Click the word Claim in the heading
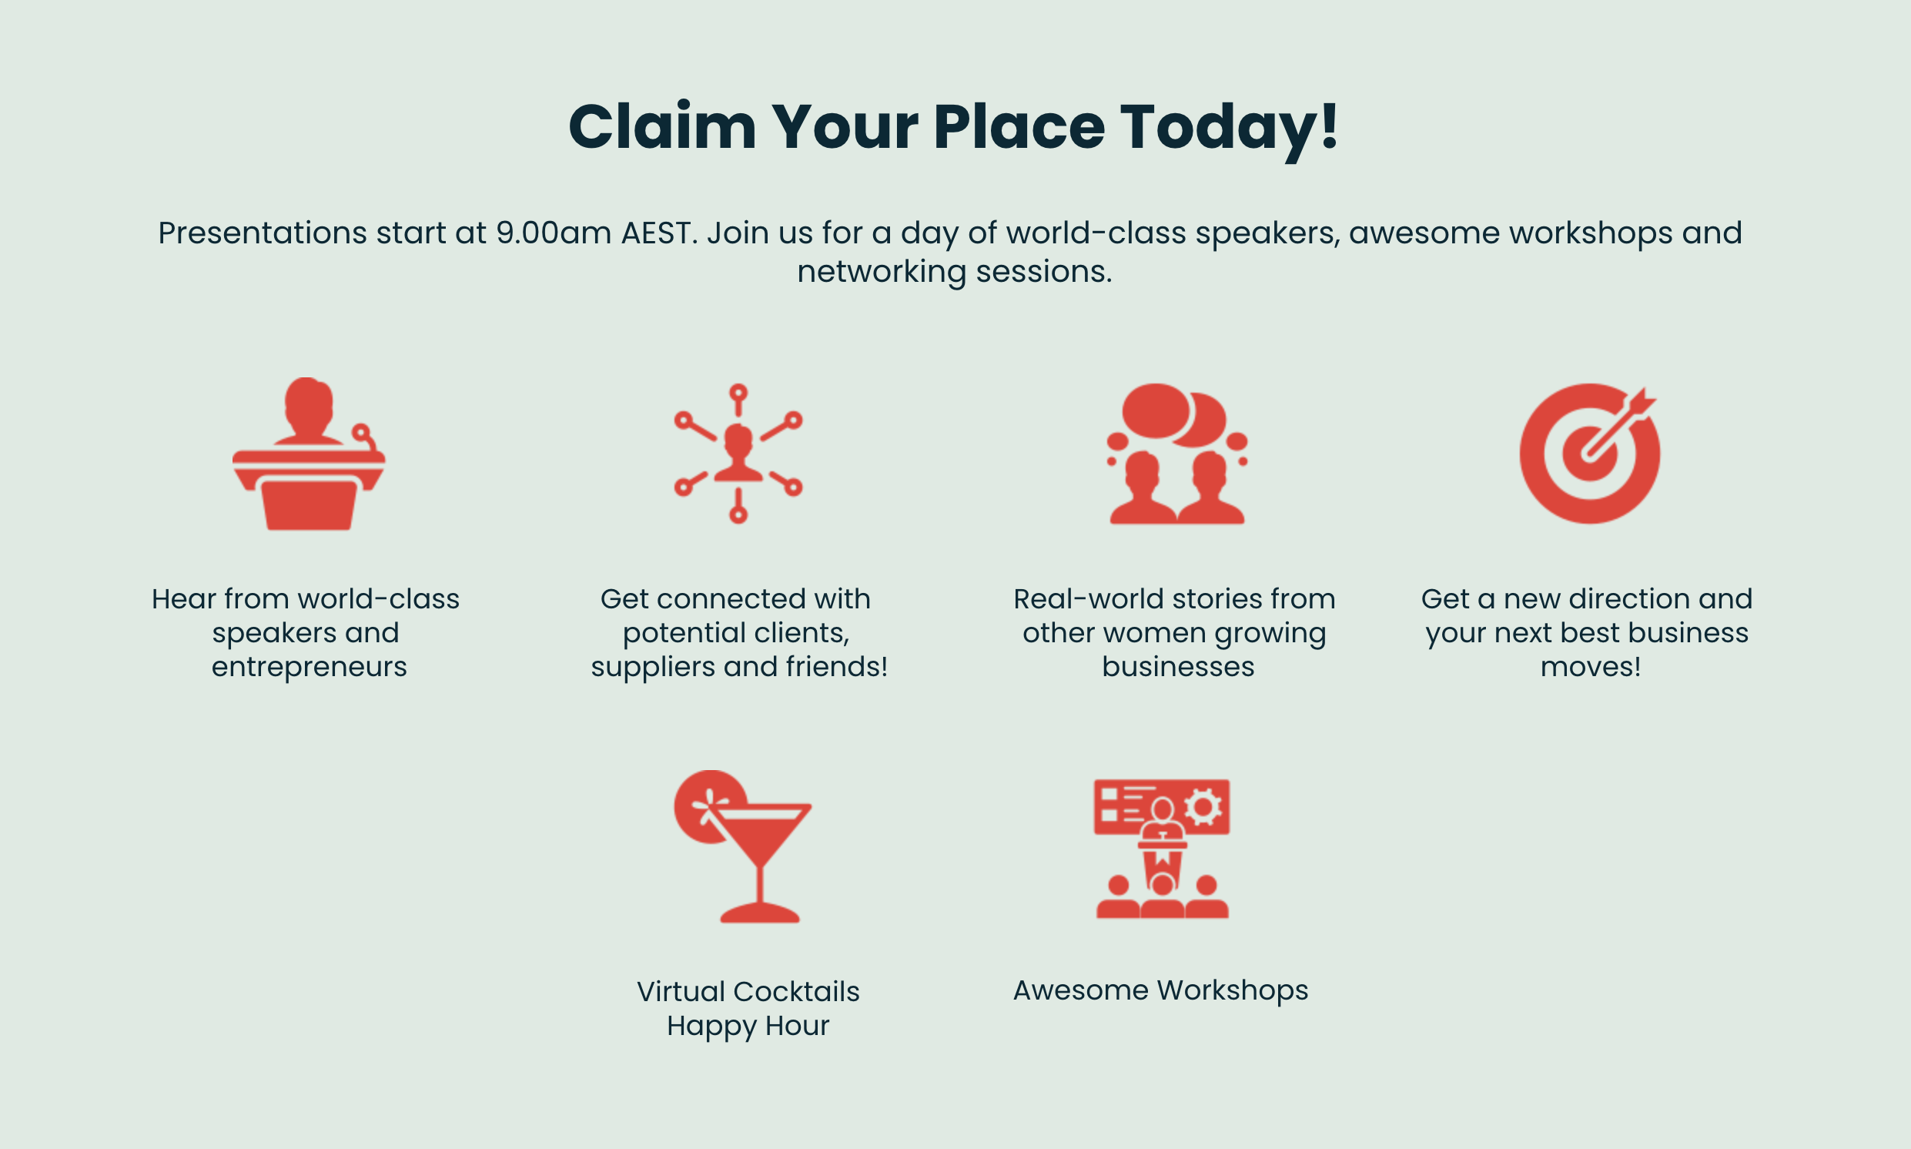pos(662,126)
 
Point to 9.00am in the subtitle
pos(554,233)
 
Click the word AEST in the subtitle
pos(656,233)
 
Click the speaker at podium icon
pos(309,454)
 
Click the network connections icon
pos(738,454)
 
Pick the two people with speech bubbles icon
pos(1176,454)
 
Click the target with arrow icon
pos(1589,454)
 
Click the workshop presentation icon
pos(1162,849)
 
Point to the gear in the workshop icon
pos(1203,808)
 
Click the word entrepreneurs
pos(309,668)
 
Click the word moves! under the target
pos(1590,668)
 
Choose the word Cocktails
pos(796,992)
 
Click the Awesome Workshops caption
pos(1160,990)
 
